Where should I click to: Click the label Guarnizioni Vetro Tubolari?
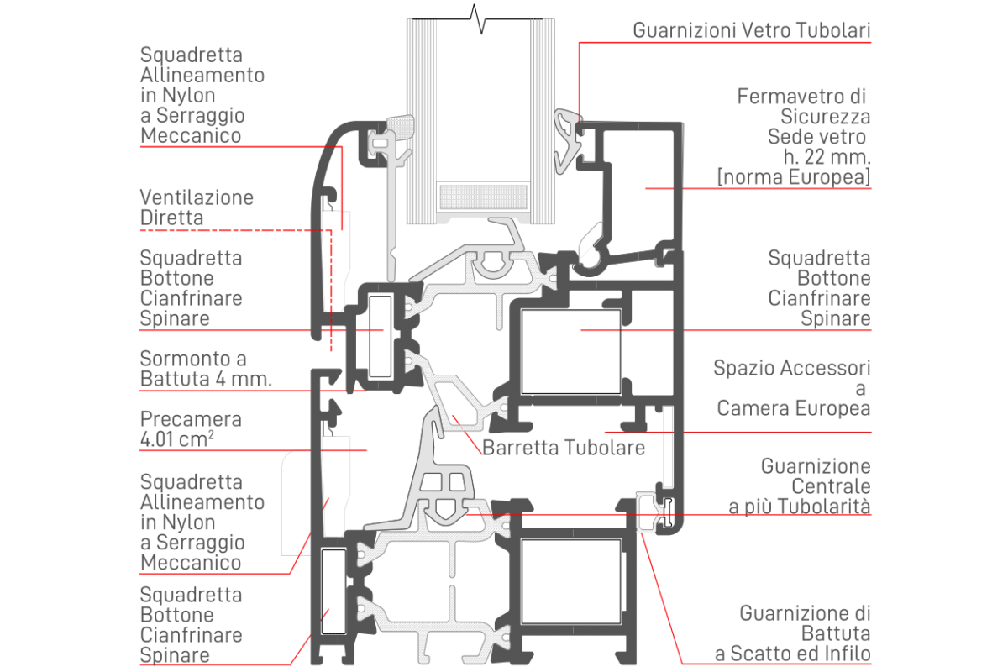click(x=752, y=31)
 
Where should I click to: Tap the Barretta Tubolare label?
click(x=564, y=447)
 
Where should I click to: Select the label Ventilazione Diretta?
click(x=197, y=207)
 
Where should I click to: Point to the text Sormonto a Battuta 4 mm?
click(x=206, y=369)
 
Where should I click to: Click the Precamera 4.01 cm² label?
click(x=191, y=428)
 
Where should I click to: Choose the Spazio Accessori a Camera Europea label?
click(x=792, y=388)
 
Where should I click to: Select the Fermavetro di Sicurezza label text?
click(x=803, y=106)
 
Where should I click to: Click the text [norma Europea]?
click(x=793, y=177)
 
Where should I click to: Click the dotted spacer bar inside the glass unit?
click(x=484, y=197)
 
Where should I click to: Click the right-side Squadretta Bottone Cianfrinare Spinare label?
click(x=819, y=288)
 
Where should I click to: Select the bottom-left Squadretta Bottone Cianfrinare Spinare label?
click(x=192, y=624)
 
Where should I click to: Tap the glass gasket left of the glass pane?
click(x=395, y=134)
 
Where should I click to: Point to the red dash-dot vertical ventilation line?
click(x=332, y=277)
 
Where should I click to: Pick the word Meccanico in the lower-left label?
click(x=191, y=562)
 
